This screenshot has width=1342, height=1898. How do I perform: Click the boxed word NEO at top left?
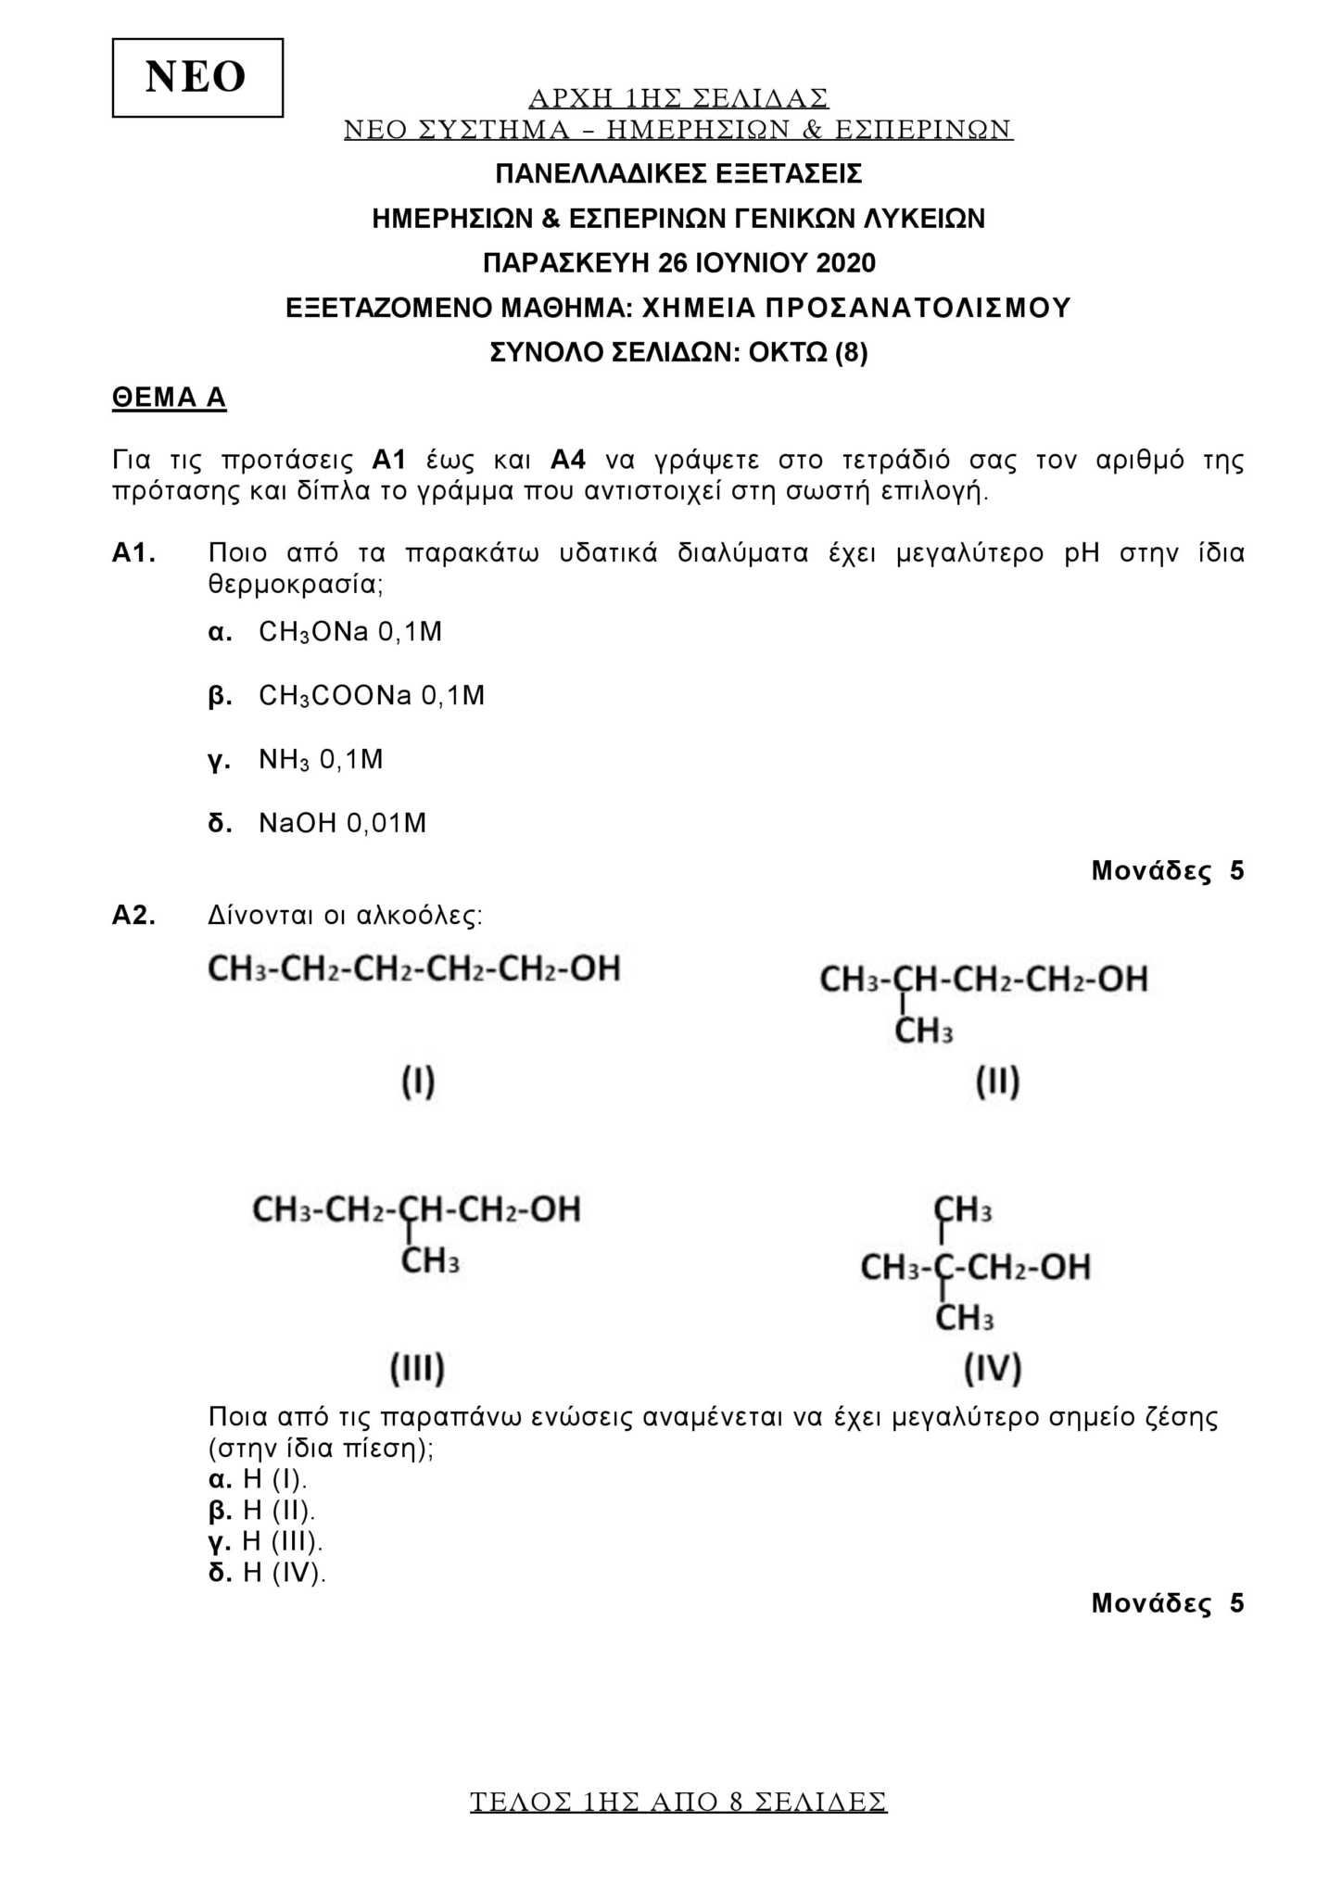tap(196, 77)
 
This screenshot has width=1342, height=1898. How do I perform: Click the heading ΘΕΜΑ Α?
tap(169, 398)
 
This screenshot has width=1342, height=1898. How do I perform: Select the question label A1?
tap(133, 553)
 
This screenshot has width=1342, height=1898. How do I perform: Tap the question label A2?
tap(133, 916)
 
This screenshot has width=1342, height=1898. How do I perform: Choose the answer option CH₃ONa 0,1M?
tap(349, 632)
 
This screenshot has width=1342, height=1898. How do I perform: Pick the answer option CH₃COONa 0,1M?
tap(371, 695)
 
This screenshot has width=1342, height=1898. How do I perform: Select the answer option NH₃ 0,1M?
tap(320, 760)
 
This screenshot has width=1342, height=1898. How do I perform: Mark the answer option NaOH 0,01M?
tap(342, 823)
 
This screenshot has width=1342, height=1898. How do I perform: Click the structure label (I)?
tap(418, 1082)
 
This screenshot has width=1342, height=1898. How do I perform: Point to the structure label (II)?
tap(997, 1082)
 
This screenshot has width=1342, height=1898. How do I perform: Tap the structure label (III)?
tap(417, 1368)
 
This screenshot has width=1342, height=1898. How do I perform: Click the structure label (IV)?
tap(993, 1368)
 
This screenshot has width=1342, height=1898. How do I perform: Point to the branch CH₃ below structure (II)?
tap(924, 1031)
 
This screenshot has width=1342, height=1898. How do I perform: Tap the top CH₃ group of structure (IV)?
tap(963, 1209)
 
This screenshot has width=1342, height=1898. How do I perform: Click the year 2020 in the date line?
tap(845, 263)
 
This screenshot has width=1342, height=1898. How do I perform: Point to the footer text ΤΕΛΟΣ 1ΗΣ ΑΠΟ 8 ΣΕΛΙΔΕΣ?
tap(678, 1802)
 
